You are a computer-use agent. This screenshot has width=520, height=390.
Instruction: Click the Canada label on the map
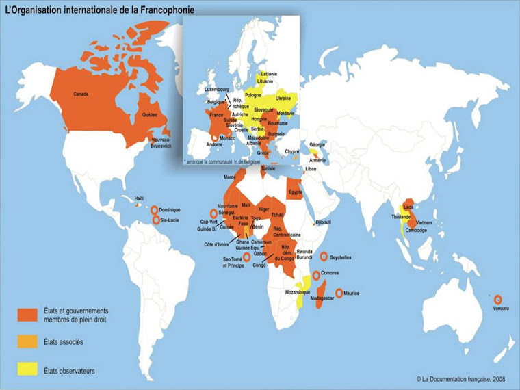click(x=81, y=94)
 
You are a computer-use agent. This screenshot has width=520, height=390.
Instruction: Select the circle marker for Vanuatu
click(x=497, y=299)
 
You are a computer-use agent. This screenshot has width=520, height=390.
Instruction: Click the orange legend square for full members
click(x=27, y=314)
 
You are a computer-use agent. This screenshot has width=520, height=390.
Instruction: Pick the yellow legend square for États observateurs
click(x=27, y=369)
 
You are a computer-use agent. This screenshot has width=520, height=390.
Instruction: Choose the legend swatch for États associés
click(x=27, y=342)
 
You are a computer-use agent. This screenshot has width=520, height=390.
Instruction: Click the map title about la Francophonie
click(x=99, y=10)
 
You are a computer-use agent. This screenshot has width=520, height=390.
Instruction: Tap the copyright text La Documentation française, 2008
click(x=462, y=378)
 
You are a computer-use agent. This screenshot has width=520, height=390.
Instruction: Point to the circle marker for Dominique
click(x=155, y=209)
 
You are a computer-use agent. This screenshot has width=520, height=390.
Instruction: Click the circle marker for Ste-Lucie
click(x=155, y=220)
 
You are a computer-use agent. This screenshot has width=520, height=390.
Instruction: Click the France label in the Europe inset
click(x=218, y=116)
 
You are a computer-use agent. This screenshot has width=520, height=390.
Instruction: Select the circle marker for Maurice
click(x=338, y=293)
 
